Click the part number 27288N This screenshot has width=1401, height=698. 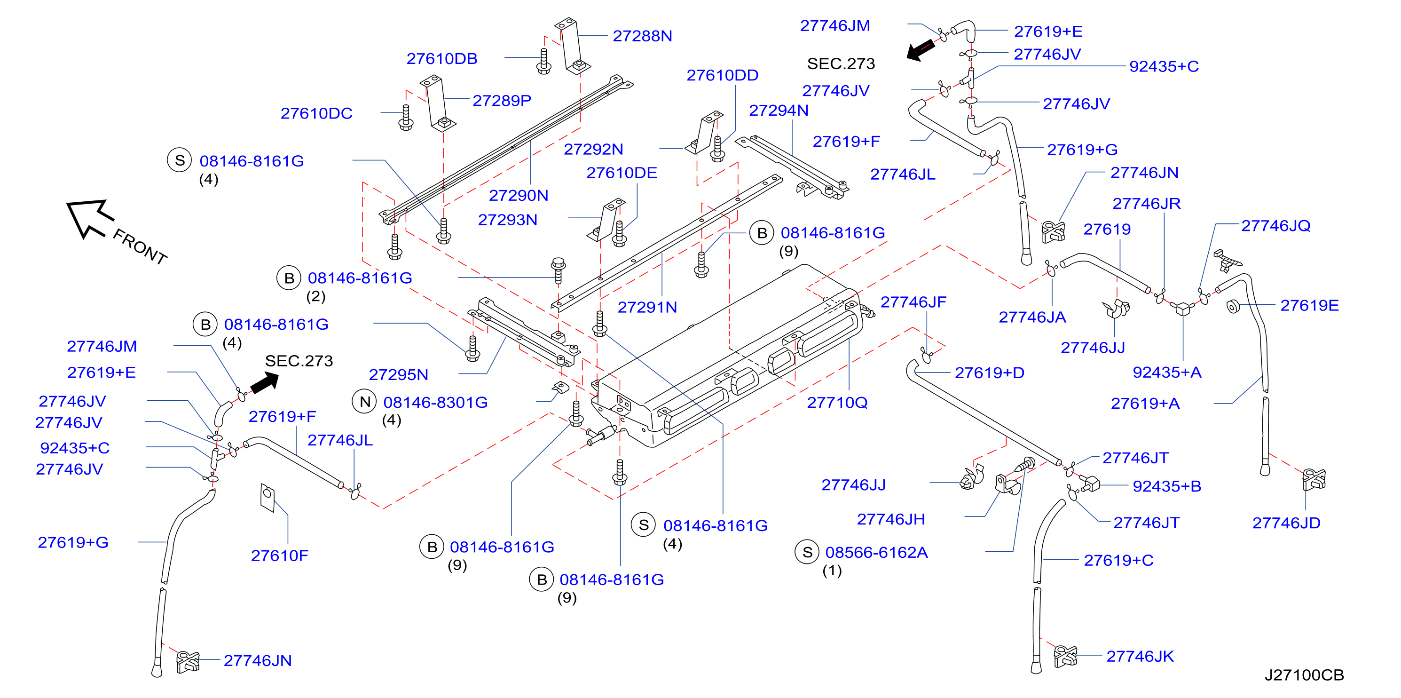642,36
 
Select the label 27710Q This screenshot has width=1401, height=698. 837,403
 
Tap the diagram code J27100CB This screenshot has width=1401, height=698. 1304,674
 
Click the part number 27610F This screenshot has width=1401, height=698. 280,555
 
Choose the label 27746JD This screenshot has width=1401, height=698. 1286,523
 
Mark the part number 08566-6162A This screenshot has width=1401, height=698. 876,552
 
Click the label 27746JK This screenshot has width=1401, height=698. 1140,656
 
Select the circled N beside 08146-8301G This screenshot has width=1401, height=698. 365,402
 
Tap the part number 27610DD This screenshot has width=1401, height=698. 722,75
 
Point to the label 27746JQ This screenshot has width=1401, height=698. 1275,226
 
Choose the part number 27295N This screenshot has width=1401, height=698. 399,374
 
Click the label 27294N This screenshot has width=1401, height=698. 779,111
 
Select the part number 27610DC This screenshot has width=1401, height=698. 316,113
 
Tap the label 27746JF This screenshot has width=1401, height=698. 913,302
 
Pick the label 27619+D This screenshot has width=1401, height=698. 989,373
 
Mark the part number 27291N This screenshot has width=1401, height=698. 647,308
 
